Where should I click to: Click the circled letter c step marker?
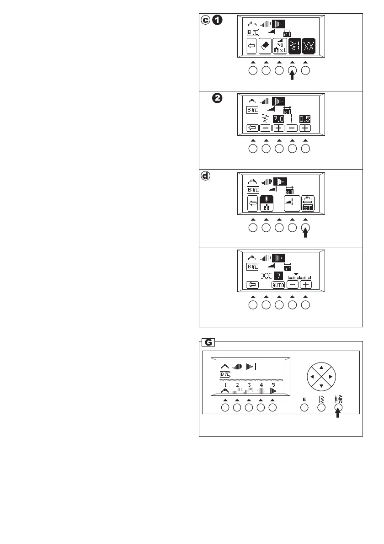(x=207, y=21)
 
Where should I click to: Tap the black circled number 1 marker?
(x=219, y=21)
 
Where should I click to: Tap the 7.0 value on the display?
(x=279, y=119)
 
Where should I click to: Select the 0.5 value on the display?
(x=305, y=119)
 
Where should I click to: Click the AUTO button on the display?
(x=278, y=285)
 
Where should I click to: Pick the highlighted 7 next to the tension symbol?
(x=278, y=276)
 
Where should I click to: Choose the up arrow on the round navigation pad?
(x=321, y=367)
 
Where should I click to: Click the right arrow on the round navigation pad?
(x=331, y=376)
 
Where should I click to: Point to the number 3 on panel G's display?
(x=249, y=385)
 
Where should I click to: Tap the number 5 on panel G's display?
(x=273, y=385)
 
